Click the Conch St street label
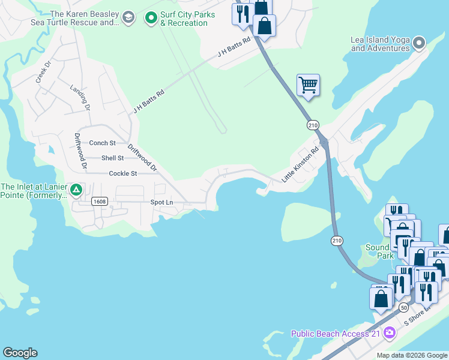(x=102, y=143)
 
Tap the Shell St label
(x=112, y=158)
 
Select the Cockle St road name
(x=123, y=173)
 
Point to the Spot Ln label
(x=161, y=203)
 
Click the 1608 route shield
(x=100, y=202)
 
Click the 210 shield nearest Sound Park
(x=337, y=240)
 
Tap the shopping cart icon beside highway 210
(x=308, y=85)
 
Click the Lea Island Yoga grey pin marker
(x=419, y=42)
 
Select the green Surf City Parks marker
(x=151, y=19)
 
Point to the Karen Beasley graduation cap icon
(x=127, y=18)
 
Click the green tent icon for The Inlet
(x=76, y=190)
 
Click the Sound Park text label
(x=378, y=251)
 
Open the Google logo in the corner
(x=20, y=353)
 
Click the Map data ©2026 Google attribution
(x=411, y=355)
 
